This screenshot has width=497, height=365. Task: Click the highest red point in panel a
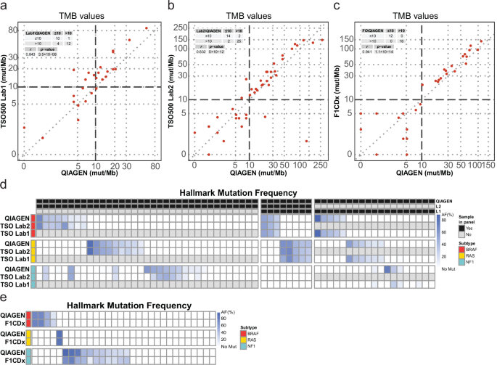click(146, 28)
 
